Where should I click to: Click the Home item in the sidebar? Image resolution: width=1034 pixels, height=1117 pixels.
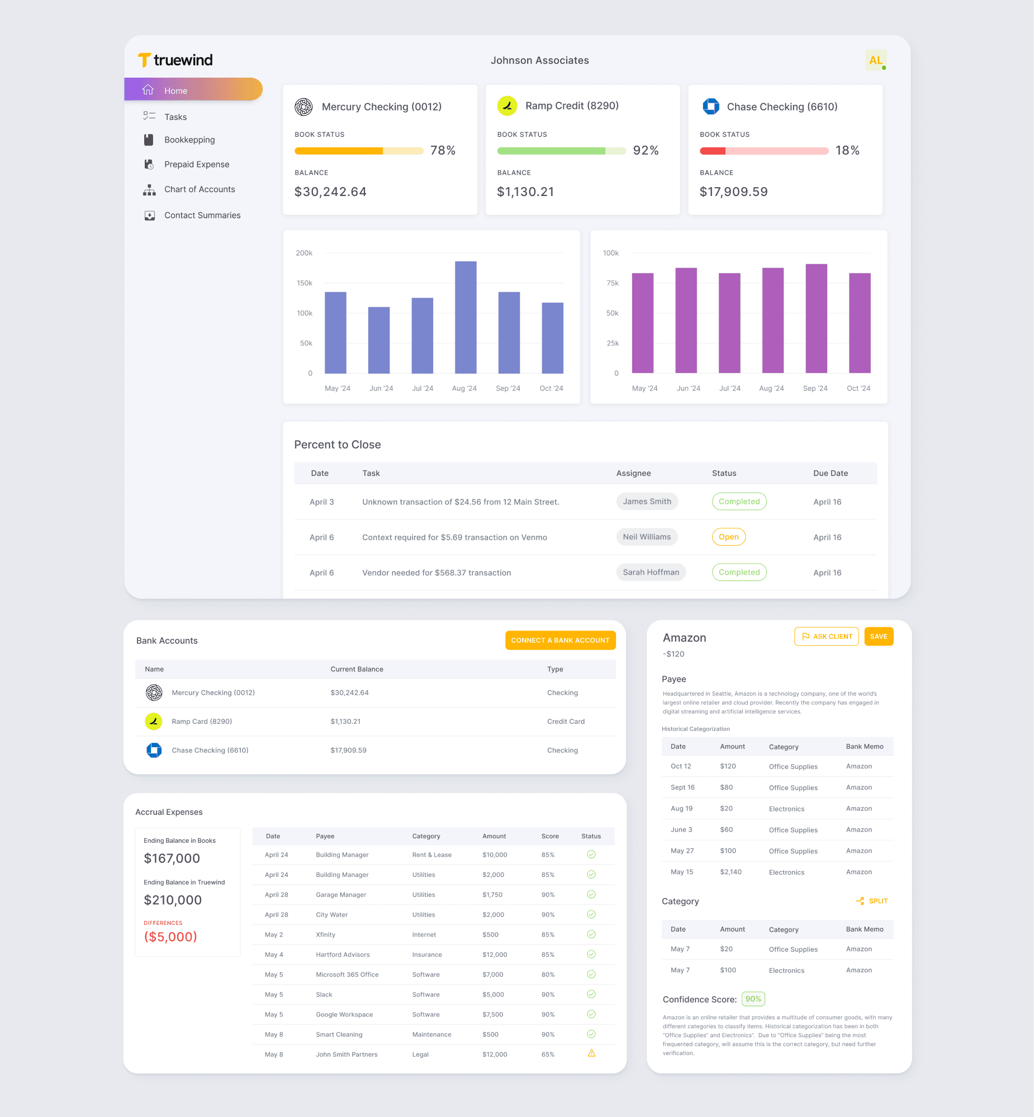coord(193,90)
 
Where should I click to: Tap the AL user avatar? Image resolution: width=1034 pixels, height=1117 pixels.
coord(876,60)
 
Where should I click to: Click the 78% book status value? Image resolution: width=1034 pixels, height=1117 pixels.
coord(443,150)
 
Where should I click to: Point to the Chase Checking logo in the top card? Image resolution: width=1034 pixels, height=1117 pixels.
coord(710,106)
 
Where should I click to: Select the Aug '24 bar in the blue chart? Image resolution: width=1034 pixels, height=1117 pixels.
coord(466,317)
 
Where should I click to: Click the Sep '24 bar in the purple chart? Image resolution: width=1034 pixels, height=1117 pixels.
coord(816,318)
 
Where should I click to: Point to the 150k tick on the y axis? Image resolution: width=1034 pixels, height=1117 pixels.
coord(305,283)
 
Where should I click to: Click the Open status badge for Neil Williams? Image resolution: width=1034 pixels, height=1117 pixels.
coord(728,537)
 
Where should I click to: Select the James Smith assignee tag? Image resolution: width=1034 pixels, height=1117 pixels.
coord(647,502)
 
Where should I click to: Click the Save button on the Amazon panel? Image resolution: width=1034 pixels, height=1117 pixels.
coord(879,636)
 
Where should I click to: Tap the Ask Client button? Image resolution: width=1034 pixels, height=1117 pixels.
coord(827,636)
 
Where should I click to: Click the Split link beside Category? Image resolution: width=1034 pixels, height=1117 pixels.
coord(872,901)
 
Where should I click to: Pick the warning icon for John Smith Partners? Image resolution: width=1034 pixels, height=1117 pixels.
coord(591,1053)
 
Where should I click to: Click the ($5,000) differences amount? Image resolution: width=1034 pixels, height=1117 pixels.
coord(170,937)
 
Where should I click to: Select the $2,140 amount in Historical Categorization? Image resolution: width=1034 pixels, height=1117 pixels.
coord(731,872)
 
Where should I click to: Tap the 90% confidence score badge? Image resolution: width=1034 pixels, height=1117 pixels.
coord(753,999)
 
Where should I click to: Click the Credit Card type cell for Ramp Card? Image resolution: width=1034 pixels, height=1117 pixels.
coord(566,721)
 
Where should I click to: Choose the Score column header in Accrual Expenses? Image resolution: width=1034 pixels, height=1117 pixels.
coord(550,836)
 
